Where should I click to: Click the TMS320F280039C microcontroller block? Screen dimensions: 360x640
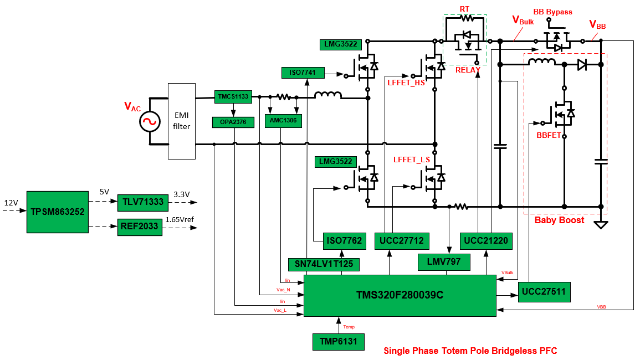pyautogui.click(x=400, y=295)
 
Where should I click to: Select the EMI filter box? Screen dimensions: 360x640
pyautogui.click(x=182, y=121)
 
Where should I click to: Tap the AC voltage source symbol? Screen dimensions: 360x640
pyautogui.click(x=150, y=121)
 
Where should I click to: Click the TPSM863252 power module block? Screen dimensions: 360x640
pyautogui.click(x=58, y=212)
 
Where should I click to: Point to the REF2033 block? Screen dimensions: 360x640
pyautogui.click(x=140, y=226)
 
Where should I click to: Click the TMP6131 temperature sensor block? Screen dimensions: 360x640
pyautogui.click(x=338, y=342)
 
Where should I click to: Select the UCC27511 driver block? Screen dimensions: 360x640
pyautogui.click(x=544, y=291)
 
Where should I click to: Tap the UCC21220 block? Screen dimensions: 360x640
pyautogui.click(x=485, y=240)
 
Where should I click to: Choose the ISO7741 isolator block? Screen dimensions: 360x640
pyautogui.click(x=303, y=73)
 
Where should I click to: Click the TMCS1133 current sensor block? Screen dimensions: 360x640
pyautogui.click(x=233, y=97)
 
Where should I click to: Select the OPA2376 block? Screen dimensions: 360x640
pyautogui.click(x=233, y=122)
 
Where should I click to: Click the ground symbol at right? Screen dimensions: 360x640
pyautogui.click(x=601, y=224)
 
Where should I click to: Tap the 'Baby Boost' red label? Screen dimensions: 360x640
pyautogui.click(x=559, y=220)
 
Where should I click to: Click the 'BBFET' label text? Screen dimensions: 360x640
pyautogui.click(x=549, y=135)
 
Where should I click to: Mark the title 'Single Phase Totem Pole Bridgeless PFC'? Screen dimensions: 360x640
pyautogui.click(x=470, y=351)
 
